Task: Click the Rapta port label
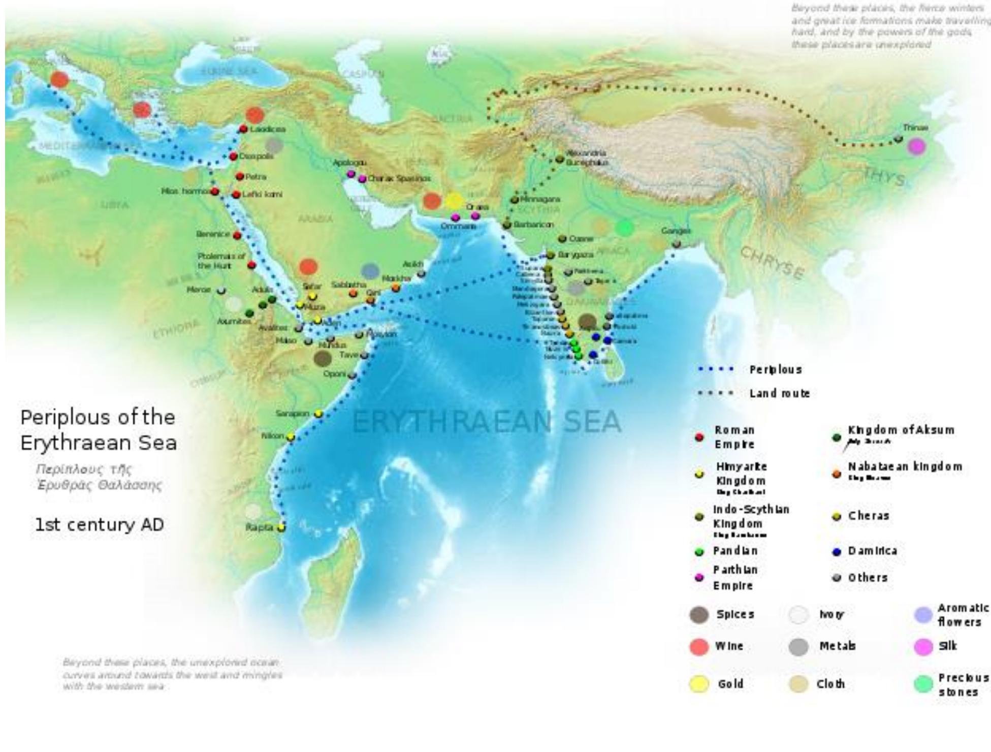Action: click(x=260, y=527)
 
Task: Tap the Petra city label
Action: click(x=255, y=177)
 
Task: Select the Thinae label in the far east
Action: click(x=915, y=128)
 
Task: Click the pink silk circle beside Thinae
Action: click(x=916, y=147)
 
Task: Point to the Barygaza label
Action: click(x=576, y=255)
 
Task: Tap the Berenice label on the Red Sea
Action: click(x=213, y=234)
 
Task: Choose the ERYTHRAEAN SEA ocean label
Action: click(x=486, y=422)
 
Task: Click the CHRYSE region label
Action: click(x=772, y=263)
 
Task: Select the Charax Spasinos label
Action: click(x=399, y=178)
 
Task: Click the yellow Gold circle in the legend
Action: click(x=699, y=684)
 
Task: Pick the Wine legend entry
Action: click(x=729, y=646)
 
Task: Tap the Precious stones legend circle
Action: click(x=923, y=684)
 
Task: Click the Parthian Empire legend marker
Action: click(x=699, y=578)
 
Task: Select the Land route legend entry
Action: click(x=779, y=393)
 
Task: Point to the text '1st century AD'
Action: click(x=99, y=524)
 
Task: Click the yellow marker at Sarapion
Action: click(x=318, y=414)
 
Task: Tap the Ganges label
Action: click(x=676, y=231)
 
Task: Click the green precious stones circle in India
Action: click(x=624, y=228)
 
